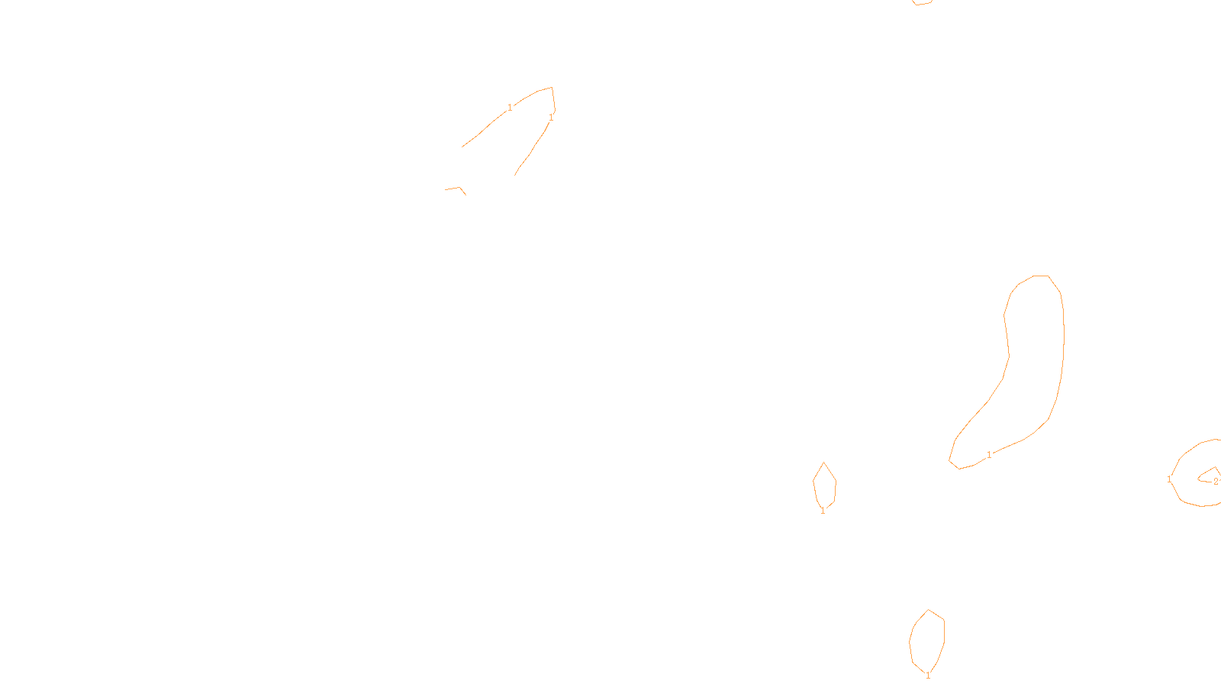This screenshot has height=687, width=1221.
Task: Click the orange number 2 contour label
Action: click(x=1216, y=482)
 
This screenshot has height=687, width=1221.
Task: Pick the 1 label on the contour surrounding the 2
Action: click(x=1169, y=479)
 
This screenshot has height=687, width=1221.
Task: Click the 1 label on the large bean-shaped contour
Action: click(x=990, y=455)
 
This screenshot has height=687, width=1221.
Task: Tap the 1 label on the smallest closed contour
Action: click(x=823, y=511)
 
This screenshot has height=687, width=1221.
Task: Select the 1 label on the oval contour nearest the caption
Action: click(x=928, y=676)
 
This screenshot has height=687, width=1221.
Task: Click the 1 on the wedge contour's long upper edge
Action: click(x=510, y=108)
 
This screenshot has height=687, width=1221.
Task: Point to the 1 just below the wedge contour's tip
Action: click(x=551, y=118)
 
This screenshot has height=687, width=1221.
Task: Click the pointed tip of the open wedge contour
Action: click(x=552, y=88)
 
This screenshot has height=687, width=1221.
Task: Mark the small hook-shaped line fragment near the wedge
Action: click(x=456, y=189)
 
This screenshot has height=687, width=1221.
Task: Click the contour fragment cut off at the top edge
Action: click(x=922, y=3)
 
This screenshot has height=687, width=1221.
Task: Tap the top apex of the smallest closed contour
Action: click(x=823, y=463)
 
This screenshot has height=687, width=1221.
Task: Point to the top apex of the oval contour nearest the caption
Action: click(x=929, y=610)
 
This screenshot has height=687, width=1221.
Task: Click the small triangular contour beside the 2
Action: click(x=1209, y=475)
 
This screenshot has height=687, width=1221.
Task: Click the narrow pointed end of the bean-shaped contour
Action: click(x=951, y=460)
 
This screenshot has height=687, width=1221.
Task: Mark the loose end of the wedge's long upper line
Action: click(x=462, y=147)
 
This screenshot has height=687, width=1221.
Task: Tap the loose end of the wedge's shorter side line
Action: click(x=515, y=175)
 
